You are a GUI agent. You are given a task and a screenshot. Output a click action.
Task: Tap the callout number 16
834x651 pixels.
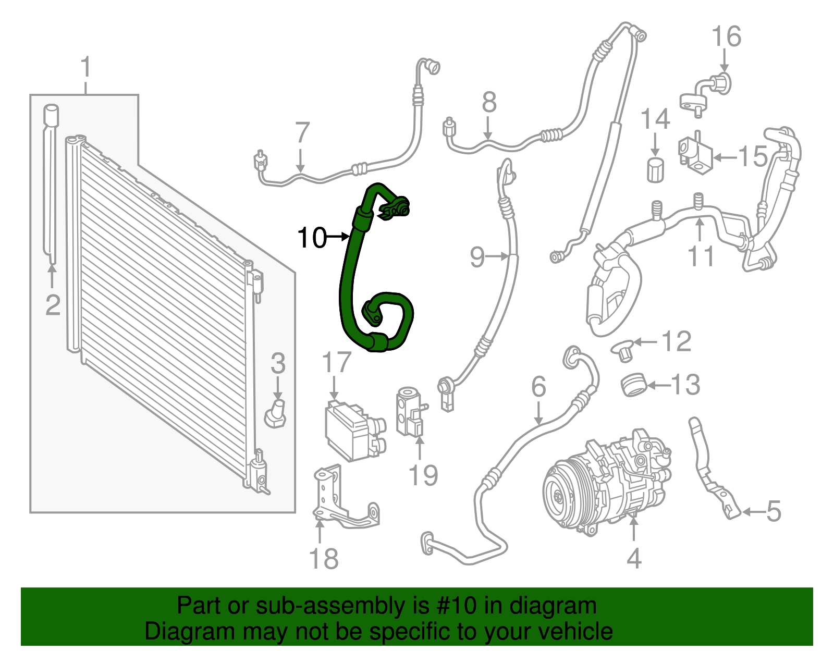726,36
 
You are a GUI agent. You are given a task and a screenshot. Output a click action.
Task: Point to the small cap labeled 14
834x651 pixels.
655,169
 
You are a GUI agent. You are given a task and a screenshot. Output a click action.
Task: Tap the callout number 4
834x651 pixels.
633,558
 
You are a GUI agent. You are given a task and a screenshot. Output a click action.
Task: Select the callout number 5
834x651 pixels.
774,511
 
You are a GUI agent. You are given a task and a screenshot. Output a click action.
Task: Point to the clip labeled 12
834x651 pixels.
622,349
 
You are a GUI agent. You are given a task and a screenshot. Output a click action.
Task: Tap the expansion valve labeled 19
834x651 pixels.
410,412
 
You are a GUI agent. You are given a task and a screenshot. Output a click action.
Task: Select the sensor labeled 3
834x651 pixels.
276,414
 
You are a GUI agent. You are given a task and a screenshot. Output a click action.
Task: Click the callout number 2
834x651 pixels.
53,305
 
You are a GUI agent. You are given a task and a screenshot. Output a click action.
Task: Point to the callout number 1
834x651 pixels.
86,68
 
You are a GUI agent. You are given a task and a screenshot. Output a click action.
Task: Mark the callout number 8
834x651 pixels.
488,103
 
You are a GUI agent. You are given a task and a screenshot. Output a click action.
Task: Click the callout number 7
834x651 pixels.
302,132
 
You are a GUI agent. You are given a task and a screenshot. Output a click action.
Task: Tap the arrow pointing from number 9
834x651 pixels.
498,256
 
